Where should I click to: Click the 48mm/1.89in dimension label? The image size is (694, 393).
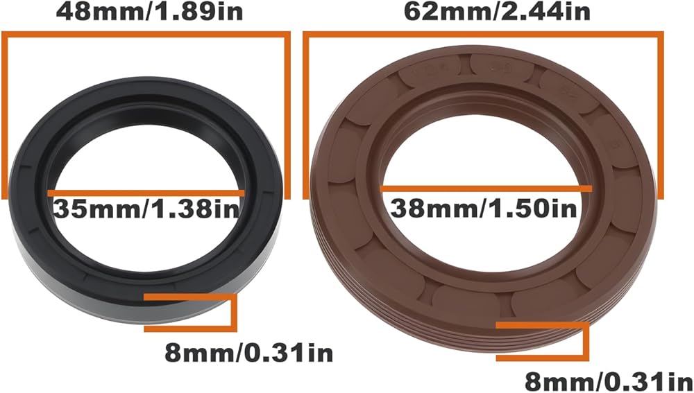149,12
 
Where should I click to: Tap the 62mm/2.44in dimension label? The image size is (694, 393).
497,12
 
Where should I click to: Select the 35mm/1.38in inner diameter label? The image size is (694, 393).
146,209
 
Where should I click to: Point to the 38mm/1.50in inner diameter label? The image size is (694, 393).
484,208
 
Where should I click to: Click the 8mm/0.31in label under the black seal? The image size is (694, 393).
248,353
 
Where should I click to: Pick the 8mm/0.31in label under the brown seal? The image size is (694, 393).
609,381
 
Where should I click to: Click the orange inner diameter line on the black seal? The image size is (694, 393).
146,193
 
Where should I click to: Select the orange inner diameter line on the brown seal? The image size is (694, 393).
486,189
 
